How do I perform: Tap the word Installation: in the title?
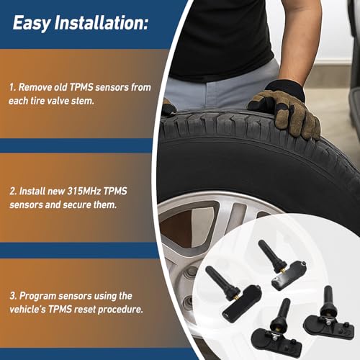[x=102, y=24]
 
